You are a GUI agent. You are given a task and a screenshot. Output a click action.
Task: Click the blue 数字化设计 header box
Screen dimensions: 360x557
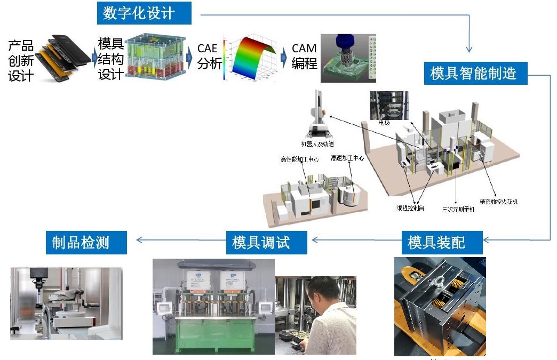[144, 13]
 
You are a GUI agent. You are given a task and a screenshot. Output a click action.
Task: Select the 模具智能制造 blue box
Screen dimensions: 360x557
[474, 73]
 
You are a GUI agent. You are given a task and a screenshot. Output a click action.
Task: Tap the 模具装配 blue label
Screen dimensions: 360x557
[436, 242]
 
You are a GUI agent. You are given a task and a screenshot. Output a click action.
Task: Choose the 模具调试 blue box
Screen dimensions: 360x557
[261, 242]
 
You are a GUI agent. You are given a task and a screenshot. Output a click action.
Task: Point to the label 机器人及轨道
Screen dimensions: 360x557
[317, 144]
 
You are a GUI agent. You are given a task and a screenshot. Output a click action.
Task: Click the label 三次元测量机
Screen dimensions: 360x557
[458, 209]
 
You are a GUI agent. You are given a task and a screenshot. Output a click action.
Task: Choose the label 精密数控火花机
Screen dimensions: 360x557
[499, 202]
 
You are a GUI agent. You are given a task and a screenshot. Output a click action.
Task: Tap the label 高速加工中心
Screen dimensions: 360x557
[347, 158]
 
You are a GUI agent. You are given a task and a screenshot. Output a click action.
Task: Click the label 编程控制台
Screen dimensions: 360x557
[410, 207]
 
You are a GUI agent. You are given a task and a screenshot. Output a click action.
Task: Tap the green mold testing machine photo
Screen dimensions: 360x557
[213, 307]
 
